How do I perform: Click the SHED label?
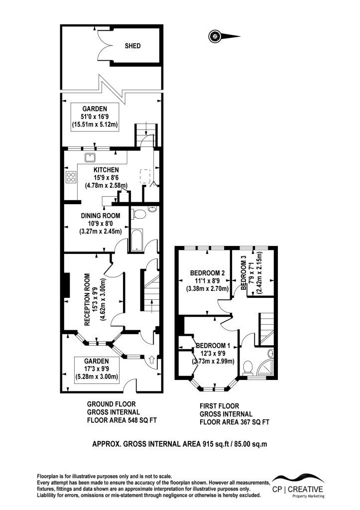click(132, 46)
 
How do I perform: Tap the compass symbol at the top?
click(224, 36)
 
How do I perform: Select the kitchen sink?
click(90, 158)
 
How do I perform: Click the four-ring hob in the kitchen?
click(71, 177)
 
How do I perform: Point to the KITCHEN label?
click(106, 170)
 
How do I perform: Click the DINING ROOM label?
click(101, 216)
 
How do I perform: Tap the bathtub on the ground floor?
click(136, 241)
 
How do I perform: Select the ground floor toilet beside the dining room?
click(139, 214)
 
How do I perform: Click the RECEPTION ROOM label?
click(87, 299)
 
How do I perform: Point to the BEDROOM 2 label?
click(207, 273)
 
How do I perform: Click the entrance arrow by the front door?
click(151, 360)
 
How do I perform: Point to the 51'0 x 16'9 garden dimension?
click(94, 117)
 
